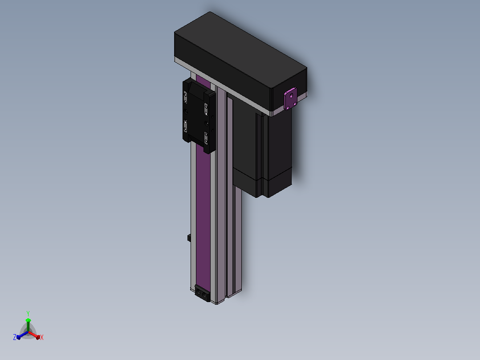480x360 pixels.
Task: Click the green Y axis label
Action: pos(28,314)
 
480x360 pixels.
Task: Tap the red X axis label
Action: pos(42,337)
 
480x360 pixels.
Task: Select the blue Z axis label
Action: pos(15,337)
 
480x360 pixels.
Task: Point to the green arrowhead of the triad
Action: pos(28,320)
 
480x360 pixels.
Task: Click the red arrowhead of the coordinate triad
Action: pos(38,337)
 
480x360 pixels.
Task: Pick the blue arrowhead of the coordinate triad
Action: pos(18,337)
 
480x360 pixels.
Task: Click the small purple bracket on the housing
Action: pos(290,98)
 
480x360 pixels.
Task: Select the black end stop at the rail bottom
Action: pos(202,293)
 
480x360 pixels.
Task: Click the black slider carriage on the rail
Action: pos(199,115)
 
